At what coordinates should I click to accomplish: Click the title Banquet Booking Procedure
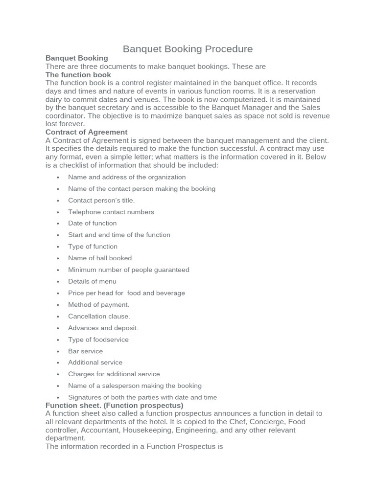(188, 49)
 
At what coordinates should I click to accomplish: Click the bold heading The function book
(78, 75)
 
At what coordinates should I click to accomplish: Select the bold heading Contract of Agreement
(86, 132)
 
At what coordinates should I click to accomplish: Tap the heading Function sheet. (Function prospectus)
(114, 406)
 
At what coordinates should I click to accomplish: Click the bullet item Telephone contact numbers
(111, 212)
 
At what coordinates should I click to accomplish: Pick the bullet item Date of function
(93, 223)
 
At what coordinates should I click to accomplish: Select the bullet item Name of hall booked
(100, 258)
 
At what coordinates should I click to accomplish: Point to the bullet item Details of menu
(92, 281)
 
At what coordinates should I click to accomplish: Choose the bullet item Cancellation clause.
(99, 316)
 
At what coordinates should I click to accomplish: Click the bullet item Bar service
(86, 351)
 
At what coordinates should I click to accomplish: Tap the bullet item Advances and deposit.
(103, 328)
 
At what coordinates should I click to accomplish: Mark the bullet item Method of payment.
(98, 304)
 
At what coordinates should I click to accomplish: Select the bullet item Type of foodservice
(98, 340)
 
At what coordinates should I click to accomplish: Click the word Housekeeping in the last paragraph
(156, 430)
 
